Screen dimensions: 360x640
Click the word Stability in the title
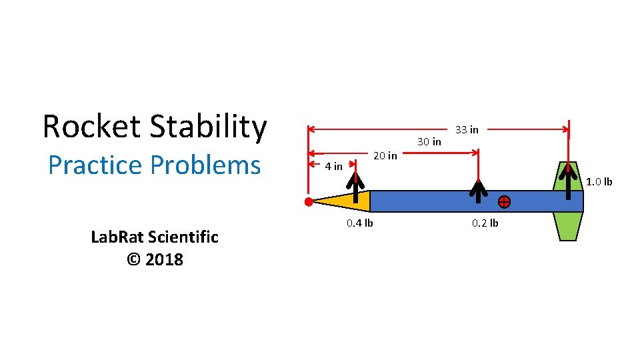tap(208, 126)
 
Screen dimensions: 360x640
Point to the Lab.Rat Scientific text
tap(154, 237)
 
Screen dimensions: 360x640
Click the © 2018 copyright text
tap(154, 259)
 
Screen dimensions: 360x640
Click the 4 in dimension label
tap(333, 166)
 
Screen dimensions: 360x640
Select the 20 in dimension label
tap(385, 155)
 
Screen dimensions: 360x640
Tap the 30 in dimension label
tap(429, 141)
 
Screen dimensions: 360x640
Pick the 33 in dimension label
tap(467, 129)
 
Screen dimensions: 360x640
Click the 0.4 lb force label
tap(359, 223)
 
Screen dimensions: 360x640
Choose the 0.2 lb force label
tap(485, 223)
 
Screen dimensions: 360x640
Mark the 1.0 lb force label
tap(599, 181)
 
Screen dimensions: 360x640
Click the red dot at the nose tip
tap(308, 201)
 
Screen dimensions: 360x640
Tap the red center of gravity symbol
tap(504, 201)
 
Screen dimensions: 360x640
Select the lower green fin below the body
tap(567, 227)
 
